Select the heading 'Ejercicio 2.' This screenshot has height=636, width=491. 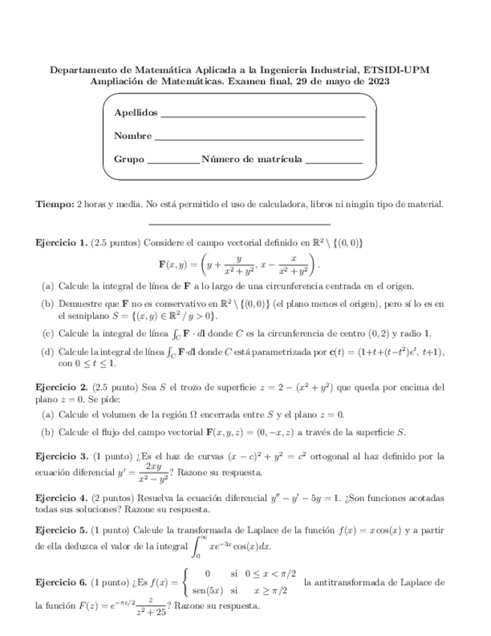pos(61,387)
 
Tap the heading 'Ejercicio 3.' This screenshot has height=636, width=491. pos(61,456)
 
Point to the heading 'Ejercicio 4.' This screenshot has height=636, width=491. pos(61,498)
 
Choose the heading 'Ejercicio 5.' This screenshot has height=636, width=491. pos(61,530)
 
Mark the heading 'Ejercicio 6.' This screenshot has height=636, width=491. pos(61,583)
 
